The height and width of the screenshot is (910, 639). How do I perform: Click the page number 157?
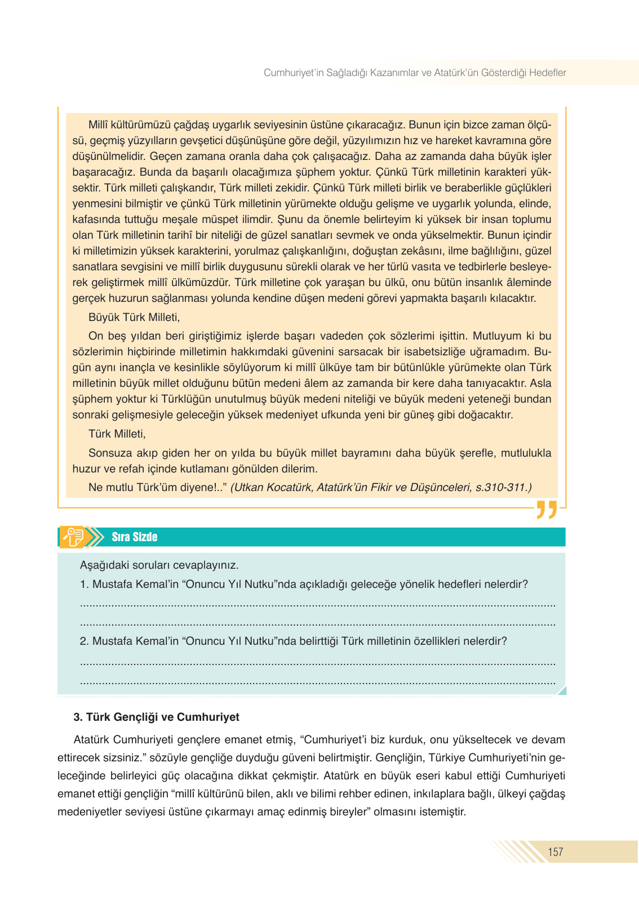coord(555,852)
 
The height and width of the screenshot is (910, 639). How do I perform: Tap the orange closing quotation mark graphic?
coord(547,509)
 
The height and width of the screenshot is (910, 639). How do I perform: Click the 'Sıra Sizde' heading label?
coord(134,537)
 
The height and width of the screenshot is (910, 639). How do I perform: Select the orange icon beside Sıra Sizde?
coord(74,537)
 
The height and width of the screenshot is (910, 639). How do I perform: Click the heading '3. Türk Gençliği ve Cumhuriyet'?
coord(156,717)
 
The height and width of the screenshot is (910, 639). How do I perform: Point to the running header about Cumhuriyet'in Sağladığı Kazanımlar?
coord(415,73)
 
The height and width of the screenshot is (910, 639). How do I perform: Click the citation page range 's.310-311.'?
coord(503,488)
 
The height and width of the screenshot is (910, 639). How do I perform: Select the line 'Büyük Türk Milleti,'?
coord(134,317)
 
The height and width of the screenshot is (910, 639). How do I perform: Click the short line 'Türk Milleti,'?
coord(117,434)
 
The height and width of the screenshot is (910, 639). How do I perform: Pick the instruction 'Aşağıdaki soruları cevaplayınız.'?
coord(159,565)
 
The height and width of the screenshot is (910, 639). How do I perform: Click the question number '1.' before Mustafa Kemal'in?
coord(85,584)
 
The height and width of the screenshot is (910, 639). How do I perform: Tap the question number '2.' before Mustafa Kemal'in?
coord(85,641)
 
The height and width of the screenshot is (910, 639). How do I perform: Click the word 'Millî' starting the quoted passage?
coord(99,124)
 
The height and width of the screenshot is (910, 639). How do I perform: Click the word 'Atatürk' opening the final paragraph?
coord(92,739)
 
